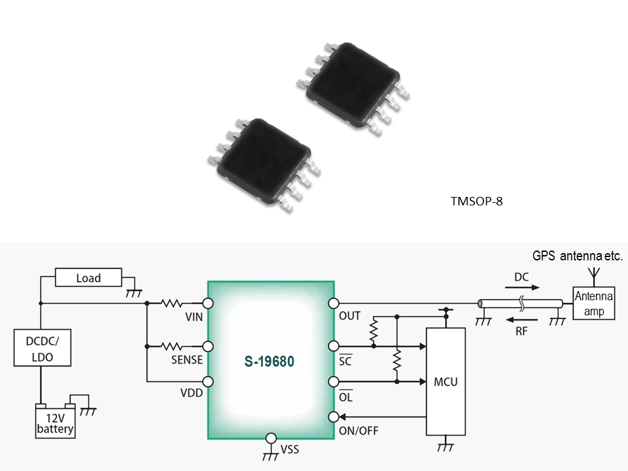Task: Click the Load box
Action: [88, 277]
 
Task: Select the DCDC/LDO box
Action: [43, 347]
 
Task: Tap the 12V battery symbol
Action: [55, 421]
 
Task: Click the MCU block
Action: [445, 381]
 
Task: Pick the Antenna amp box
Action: [593, 303]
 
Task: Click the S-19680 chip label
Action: [269, 361]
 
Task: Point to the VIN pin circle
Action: [208, 303]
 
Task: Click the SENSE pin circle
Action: [208, 347]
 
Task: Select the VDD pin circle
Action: [208, 381]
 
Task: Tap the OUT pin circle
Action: [334, 304]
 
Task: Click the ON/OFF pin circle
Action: [334, 417]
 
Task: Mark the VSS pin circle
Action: [271, 438]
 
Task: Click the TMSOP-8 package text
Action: [476, 201]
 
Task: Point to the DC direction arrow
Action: [522, 287]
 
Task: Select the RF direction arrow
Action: [522, 320]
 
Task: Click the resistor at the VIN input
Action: [172, 303]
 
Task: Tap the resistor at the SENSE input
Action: [172, 346]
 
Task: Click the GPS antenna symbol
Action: [595, 275]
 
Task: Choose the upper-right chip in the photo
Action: [353, 88]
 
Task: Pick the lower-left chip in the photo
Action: [264, 165]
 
